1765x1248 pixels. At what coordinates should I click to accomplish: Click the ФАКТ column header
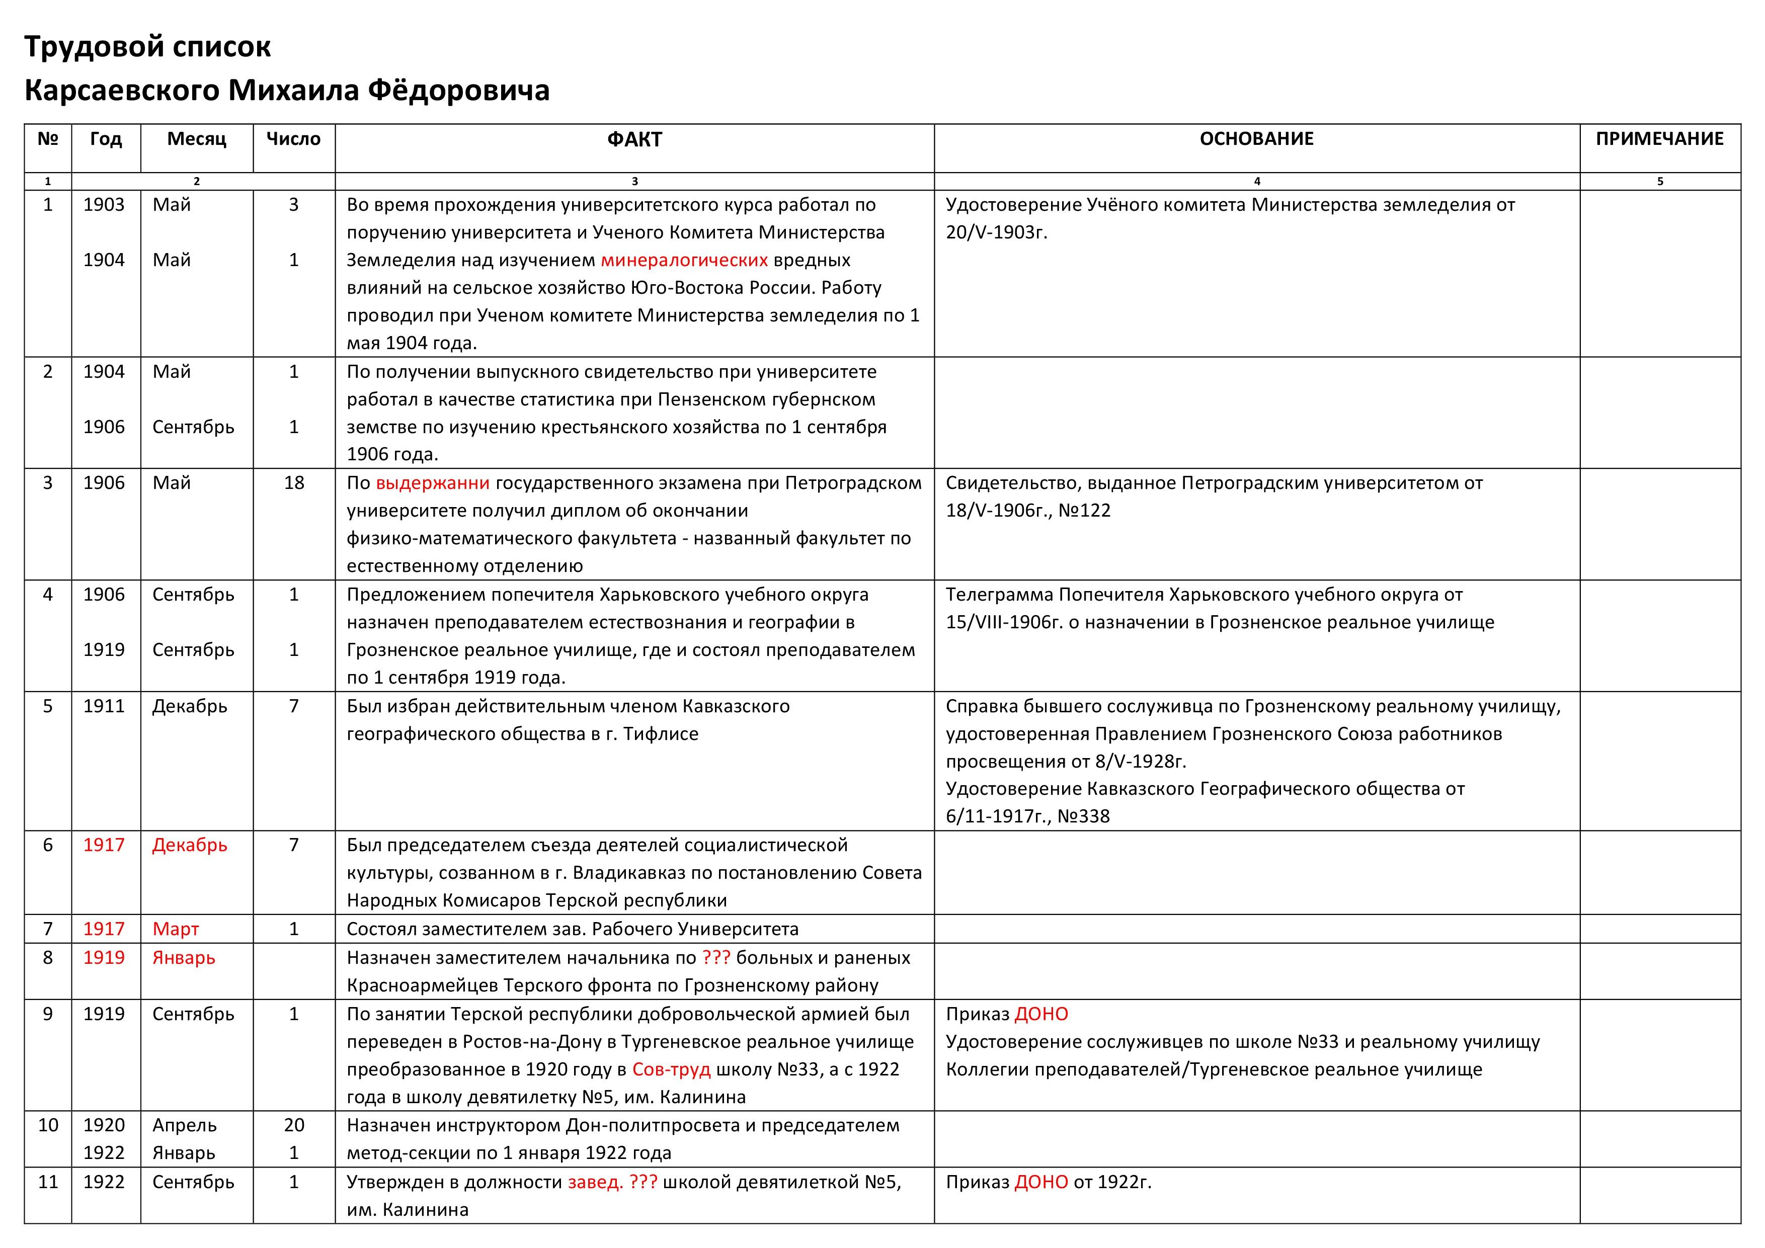634,139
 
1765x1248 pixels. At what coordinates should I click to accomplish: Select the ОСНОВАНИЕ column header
1256,139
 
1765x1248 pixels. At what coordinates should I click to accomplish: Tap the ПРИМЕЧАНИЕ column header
1659,139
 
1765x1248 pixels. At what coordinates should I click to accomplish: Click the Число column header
293,139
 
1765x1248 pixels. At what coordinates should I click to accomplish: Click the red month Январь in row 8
184,958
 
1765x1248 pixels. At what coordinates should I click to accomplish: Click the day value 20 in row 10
294,1125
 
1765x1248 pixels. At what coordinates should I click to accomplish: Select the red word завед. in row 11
595,1182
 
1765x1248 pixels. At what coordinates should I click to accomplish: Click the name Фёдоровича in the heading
458,91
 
